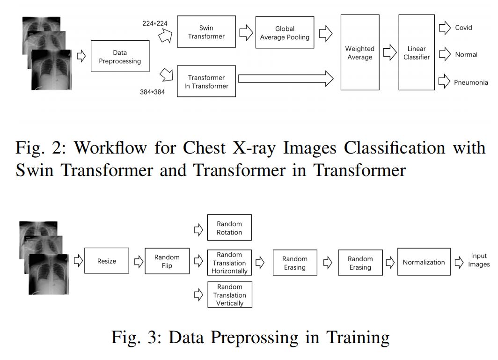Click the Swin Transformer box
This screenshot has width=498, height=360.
click(206, 32)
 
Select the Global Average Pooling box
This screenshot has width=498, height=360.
click(285, 33)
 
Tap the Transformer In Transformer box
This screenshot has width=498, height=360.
click(206, 81)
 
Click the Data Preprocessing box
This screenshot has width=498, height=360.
click(120, 57)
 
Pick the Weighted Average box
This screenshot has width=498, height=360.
click(359, 52)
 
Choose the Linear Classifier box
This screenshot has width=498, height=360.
click(417, 52)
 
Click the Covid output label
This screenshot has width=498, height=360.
click(463, 28)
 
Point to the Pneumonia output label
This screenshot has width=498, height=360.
click(471, 82)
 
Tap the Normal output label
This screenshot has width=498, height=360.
click(466, 55)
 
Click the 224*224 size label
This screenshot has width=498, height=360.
click(155, 23)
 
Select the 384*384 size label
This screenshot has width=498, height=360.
click(152, 92)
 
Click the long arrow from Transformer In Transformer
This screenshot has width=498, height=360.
click(286, 78)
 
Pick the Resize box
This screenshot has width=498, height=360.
click(107, 261)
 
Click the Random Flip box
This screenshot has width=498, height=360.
click(167, 261)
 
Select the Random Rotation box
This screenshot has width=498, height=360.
click(229, 228)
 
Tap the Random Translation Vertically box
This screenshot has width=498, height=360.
click(229, 295)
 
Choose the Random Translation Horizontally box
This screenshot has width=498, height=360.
click(229, 263)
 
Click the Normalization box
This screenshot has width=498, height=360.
click(424, 262)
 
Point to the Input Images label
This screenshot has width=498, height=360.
click(479, 260)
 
